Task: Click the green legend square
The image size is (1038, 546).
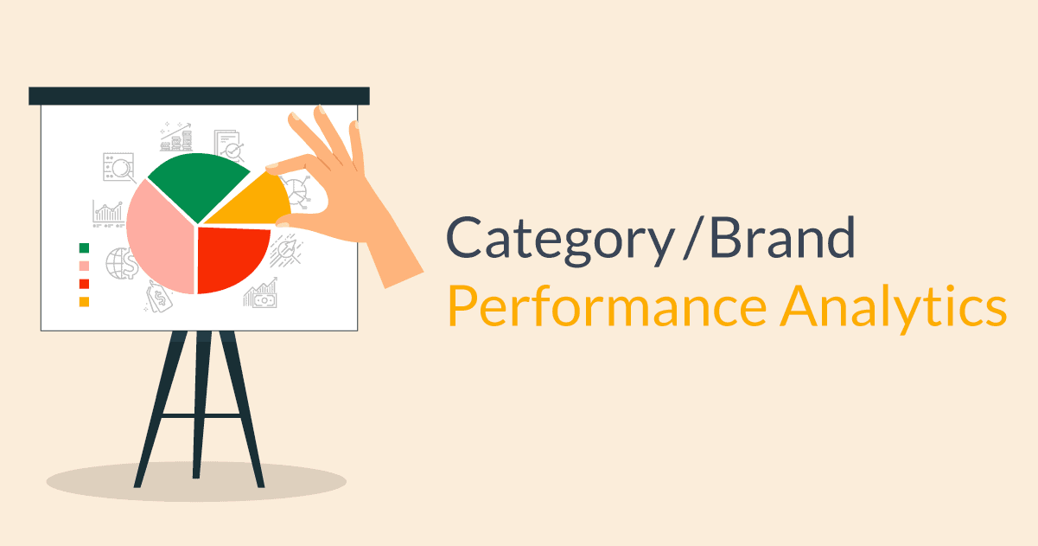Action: (84, 248)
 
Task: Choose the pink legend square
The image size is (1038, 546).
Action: (84, 266)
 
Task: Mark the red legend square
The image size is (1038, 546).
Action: (84, 284)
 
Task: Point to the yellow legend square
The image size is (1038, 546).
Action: (84, 302)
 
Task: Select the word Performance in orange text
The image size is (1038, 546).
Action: (606, 307)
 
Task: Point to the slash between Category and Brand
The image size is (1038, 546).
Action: (688, 237)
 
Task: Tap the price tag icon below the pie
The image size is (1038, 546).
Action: (159, 298)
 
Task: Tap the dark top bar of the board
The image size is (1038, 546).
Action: (199, 96)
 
